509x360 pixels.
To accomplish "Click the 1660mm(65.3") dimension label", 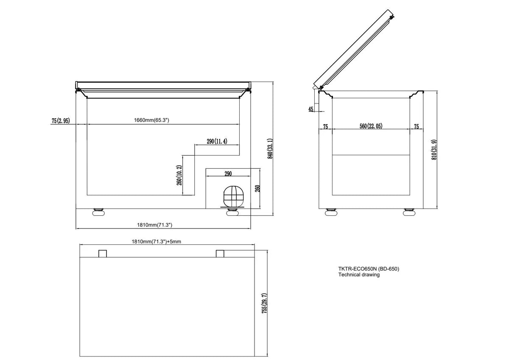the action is tap(151, 120).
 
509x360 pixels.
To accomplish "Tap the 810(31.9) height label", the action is tap(434, 150).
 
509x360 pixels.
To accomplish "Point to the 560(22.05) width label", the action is tap(371, 126).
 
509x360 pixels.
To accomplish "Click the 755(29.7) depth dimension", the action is tap(264, 304).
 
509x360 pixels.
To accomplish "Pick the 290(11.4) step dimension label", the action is tap(217, 141).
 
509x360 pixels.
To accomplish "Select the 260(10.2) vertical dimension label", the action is tap(179, 175).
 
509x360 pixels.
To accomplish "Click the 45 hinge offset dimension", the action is tap(310, 109).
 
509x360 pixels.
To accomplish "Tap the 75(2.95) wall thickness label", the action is tap(61, 120).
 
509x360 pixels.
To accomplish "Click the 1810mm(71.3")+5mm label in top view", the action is tap(157, 241).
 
